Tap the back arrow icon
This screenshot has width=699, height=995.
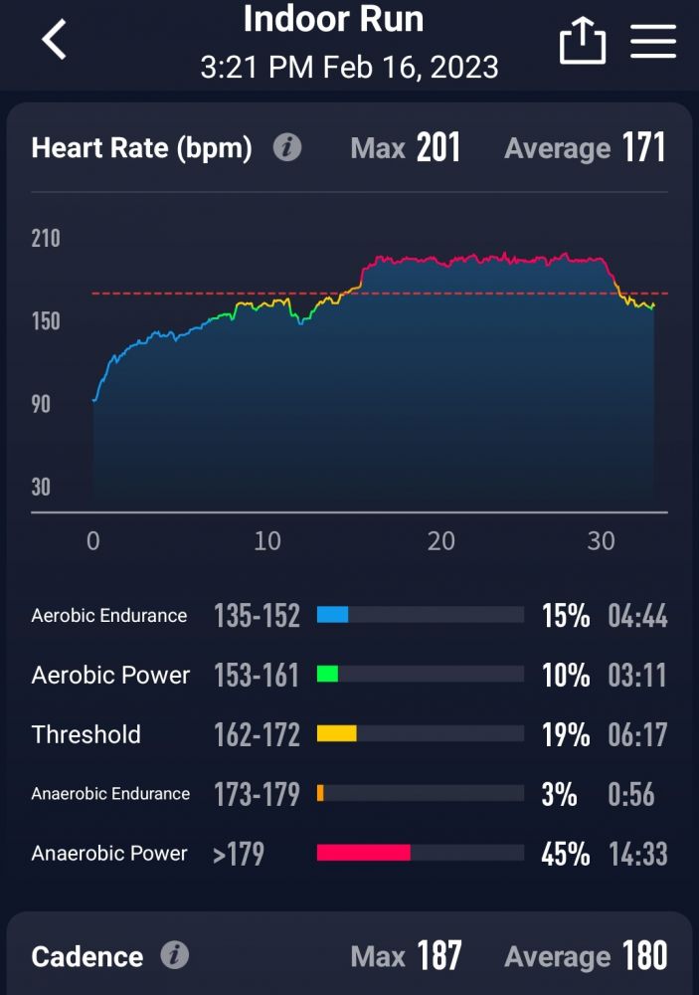[x=55, y=41]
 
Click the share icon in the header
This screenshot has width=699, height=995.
[x=582, y=42]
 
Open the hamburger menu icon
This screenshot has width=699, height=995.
[x=653, y=42]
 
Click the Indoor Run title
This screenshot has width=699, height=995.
[x=333, y=19]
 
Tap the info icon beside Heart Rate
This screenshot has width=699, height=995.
[x=287, y=148]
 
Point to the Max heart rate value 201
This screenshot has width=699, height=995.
[x=438, y=148]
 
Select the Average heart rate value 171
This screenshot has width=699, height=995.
[x=644, y=148]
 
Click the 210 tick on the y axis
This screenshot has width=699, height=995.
[x=46, y=239]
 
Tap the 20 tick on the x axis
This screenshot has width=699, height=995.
[x=440, y=541]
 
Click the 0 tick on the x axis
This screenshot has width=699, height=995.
[x=92, y=541]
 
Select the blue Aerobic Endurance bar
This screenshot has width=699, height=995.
[x=332, y=615]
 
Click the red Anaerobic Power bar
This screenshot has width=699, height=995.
[x=363, y=853]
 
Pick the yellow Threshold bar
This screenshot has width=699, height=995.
[x=336, y=734]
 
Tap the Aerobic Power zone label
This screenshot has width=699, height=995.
[x=110, y=675]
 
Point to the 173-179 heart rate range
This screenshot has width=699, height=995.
[x=257, y=794]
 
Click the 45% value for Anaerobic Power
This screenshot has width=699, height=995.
[x=566, y=854]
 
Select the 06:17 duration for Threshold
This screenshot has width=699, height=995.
[x=637, y=735]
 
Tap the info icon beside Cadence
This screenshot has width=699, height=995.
[x=175, y=957]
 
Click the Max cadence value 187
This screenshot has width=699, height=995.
[x=438, y=957]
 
